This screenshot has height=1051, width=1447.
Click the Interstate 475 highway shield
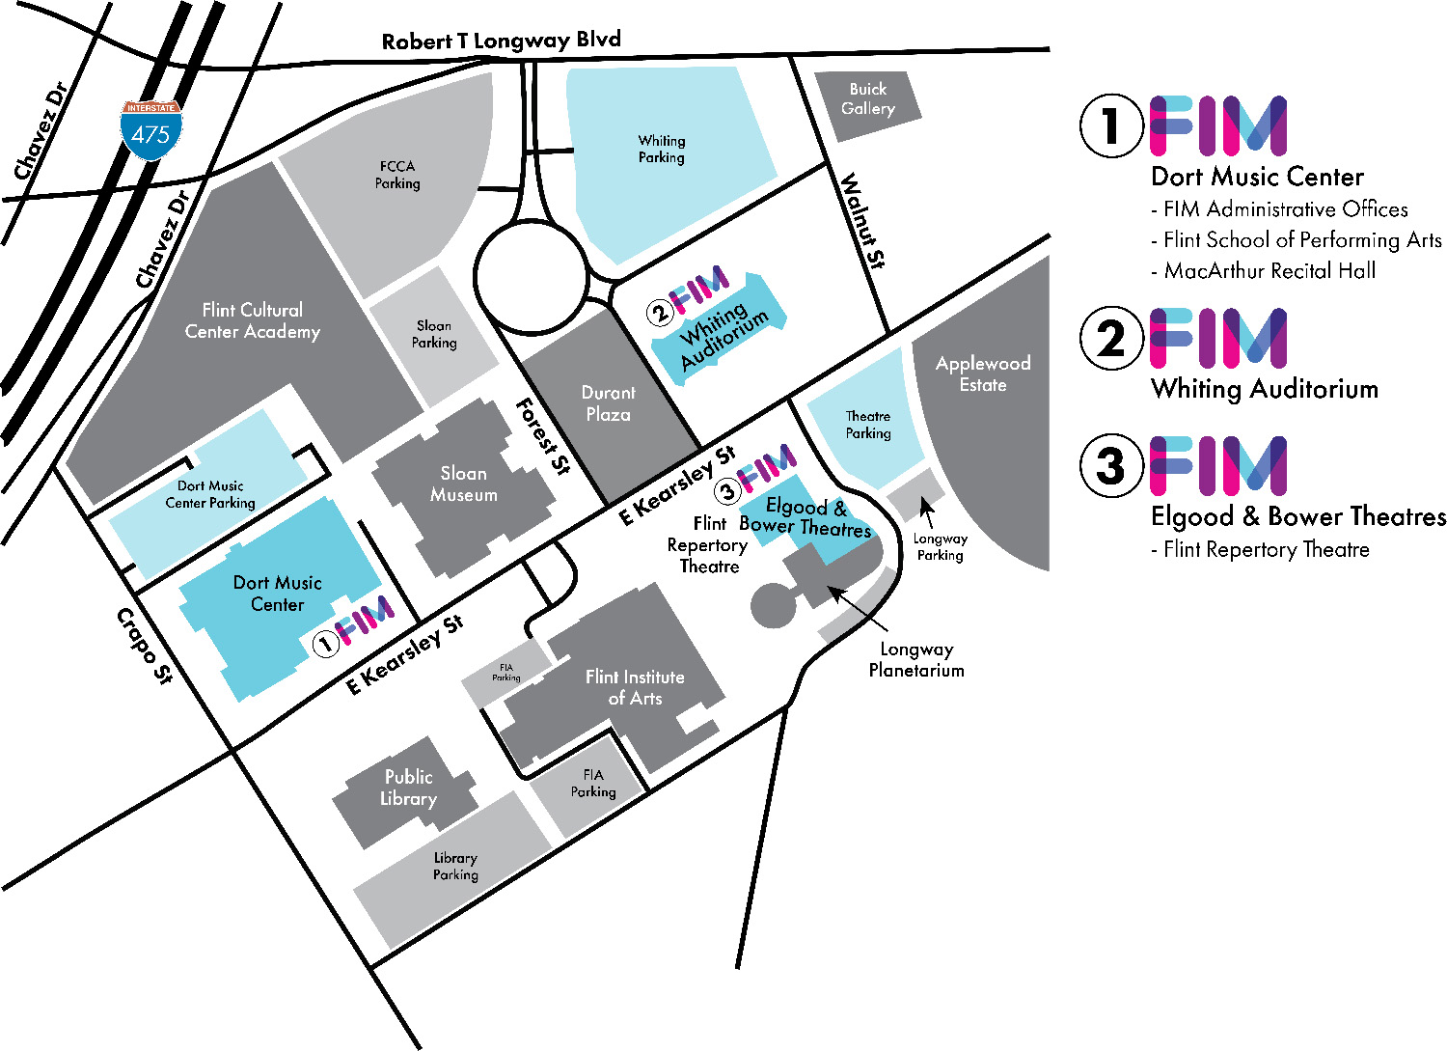tap(150, 128)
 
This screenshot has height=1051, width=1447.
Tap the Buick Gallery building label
tap(867, 98)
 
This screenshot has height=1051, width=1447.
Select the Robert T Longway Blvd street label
tap(501, 41)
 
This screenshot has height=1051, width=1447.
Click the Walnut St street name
tap(863, 220)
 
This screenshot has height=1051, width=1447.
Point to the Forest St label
tap(543, 436)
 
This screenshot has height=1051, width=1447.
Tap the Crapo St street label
tap(144, 646)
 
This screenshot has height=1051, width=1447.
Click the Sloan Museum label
tap(464, 484)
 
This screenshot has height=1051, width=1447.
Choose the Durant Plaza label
tap(608, 403)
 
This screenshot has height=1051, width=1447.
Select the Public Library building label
tap(408, 788)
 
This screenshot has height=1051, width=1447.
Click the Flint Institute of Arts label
tap(635, 687)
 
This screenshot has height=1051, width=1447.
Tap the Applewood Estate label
tap(983, 373)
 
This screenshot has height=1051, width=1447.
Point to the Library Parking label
tap(455, 866)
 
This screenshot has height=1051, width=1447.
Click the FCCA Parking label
tap(397, 175)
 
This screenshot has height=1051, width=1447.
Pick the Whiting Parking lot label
tap(662, 149)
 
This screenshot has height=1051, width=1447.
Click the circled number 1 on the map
tap(326, 643)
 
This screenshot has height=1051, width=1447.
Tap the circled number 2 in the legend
tap(1111, 339)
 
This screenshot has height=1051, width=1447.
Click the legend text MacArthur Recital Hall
tap(1270, 271)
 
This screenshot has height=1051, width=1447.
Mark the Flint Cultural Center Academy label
tap(252, 320)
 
